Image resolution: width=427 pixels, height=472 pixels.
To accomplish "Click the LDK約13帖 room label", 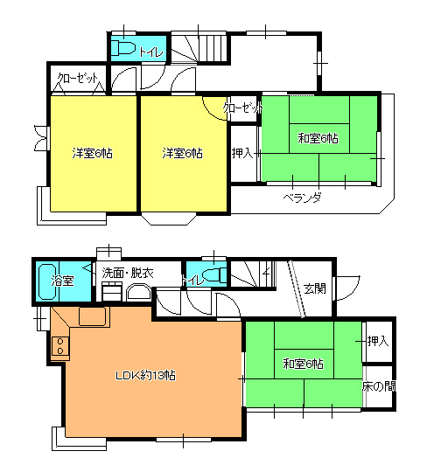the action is [x=145, y=375].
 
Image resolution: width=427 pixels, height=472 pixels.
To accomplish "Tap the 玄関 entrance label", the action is [x=315, y=288].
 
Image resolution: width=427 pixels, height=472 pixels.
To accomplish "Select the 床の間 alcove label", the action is [x=379, y=386].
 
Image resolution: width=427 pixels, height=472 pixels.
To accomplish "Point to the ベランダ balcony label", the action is [x=302, y=198].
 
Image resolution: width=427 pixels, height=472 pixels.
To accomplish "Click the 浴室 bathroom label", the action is [x=62, y=281].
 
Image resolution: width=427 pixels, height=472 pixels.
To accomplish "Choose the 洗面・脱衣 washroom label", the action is [x=128, y=273].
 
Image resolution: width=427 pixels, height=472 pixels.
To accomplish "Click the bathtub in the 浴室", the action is [x=47, y=281].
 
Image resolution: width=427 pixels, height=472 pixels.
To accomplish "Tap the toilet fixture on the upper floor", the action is [x=123, y=48].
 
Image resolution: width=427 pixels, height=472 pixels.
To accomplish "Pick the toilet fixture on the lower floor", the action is [x=214, y=275].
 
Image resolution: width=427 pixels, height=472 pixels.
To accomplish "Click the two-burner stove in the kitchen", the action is [x=60, y=346].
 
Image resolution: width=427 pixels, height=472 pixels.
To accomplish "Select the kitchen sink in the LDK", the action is [x=92, y=316].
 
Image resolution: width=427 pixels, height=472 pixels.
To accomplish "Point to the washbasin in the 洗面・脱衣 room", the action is [x=138, y=293].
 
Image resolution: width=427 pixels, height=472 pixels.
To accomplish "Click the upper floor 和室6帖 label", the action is [x=318, y=138].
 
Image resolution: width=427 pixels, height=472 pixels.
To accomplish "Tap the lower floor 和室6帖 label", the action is [x=303, y=364].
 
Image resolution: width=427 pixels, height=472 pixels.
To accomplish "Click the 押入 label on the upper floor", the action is [x=243, y=153].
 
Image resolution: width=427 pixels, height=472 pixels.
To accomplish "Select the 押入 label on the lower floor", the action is [x=379, y=341].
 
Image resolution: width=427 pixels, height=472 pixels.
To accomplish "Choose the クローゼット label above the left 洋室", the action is [x=78, y=78].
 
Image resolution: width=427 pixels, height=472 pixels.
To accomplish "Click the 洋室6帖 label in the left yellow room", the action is [x=92, y=153].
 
